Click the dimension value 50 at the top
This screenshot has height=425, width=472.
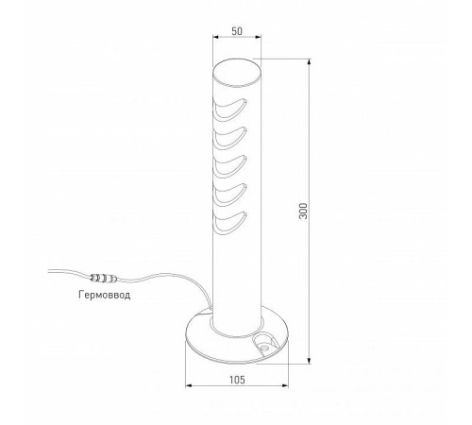236,31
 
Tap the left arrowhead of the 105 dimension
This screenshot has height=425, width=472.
189,386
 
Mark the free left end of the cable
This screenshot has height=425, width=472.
47,271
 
